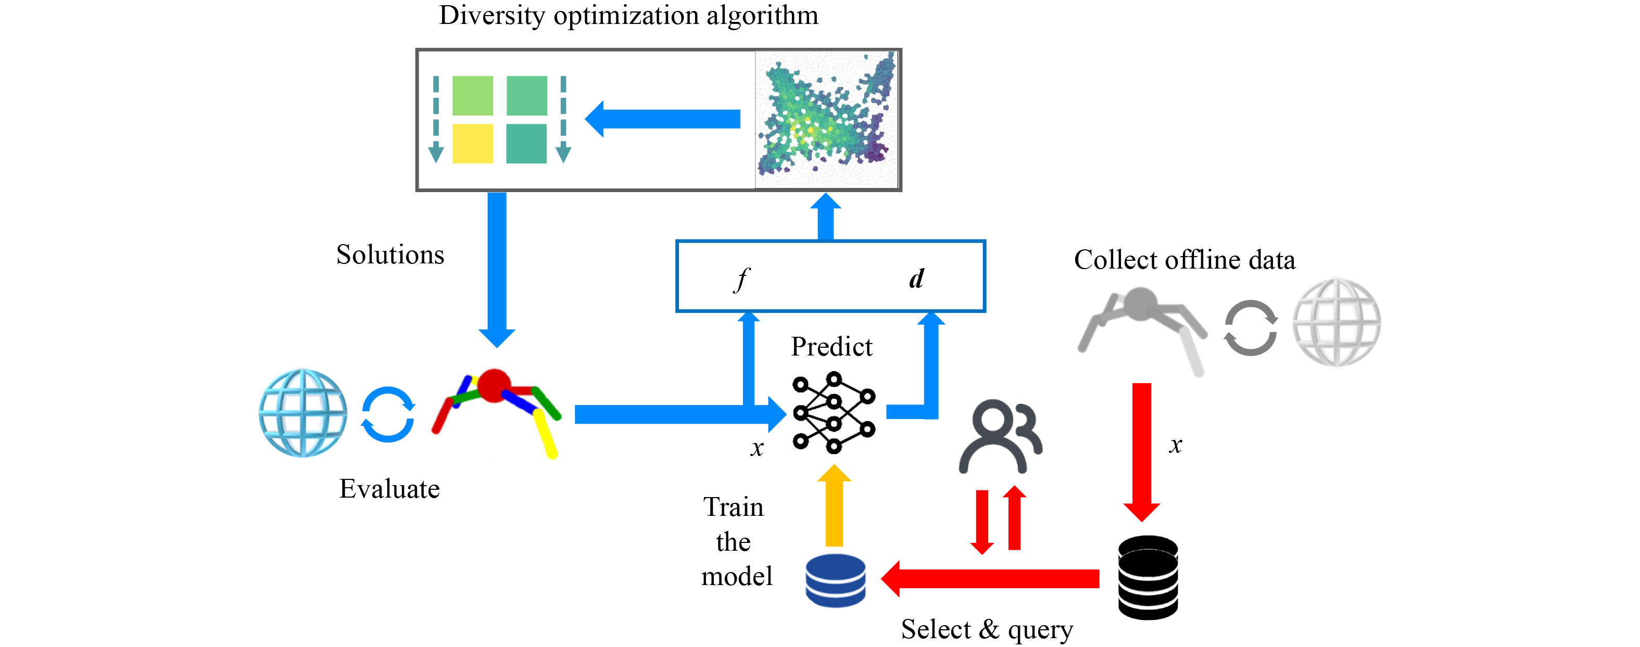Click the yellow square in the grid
pos(472,143)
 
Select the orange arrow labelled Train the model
pos(834,506)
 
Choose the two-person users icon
pos(1000,436)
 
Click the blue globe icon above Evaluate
pos(303,413)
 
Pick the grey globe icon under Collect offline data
pos(1336,322)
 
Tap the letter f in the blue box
pos(742,278)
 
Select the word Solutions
pos(389,255)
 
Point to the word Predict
pos(831,347)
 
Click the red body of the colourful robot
pos(494,385)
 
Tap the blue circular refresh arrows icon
pos(388,414)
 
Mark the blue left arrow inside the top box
pos(662,119)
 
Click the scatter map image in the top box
pos(826,120)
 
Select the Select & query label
pos(987,629)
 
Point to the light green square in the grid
pos(472,96)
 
